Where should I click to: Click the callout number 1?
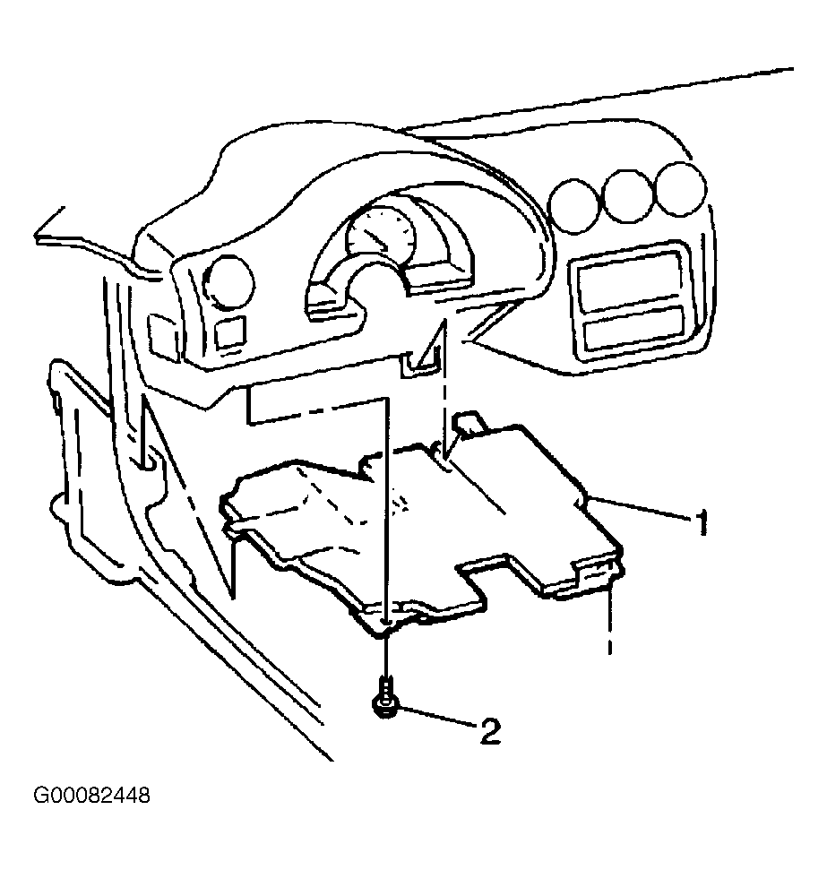[x=702, y=522]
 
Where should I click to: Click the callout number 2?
[x=490, y=731]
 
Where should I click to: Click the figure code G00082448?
[x=91, y=796]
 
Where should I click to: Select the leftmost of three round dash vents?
[x=575, y=205]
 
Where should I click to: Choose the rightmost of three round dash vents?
[x=680, y=189]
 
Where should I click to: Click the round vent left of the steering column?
[x=229, y=282]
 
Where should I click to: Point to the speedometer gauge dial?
[x=381, y=235]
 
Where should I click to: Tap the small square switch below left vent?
[x=230, y=332]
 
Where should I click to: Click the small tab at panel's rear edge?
[x=469, y=422]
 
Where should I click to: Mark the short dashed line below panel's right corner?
[x=610, y=622]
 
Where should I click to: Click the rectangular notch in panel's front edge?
[x=487, y=580]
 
